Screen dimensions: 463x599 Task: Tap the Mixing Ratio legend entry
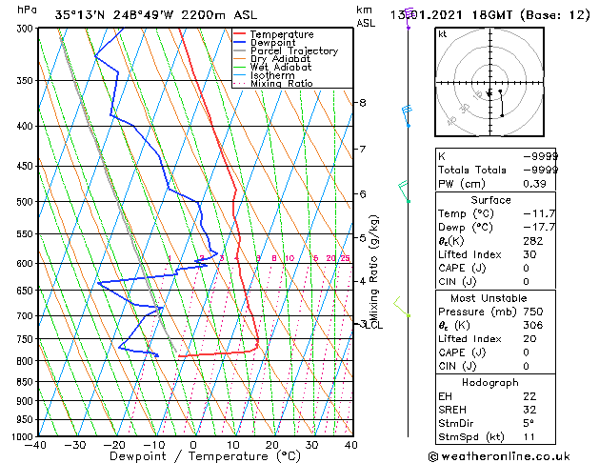282,84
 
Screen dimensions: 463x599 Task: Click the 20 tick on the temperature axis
272,445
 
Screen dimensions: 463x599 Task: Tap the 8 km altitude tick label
362,103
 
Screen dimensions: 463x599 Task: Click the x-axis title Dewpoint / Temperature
193,457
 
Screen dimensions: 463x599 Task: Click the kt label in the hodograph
442,34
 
